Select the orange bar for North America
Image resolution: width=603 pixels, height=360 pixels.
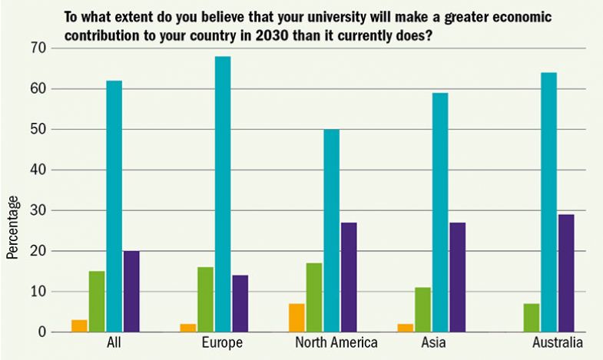pos(297,318)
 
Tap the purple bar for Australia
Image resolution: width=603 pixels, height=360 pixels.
pos(566,273)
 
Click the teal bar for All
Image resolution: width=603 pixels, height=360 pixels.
pos(114,206)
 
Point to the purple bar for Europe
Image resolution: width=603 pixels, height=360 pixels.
pos(240,303)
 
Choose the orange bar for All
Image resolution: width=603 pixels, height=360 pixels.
pos(78,326)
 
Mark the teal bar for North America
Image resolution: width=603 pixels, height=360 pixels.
pos(331,230)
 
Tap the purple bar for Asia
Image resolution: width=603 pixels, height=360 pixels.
pos(459,277)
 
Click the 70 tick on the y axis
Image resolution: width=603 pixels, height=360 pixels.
pos(38,48)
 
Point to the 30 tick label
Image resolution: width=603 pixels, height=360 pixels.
pos(38,210)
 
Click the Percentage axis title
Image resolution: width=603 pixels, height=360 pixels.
pos(12,227)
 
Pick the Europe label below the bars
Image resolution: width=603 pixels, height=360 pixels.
pos(222,342)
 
